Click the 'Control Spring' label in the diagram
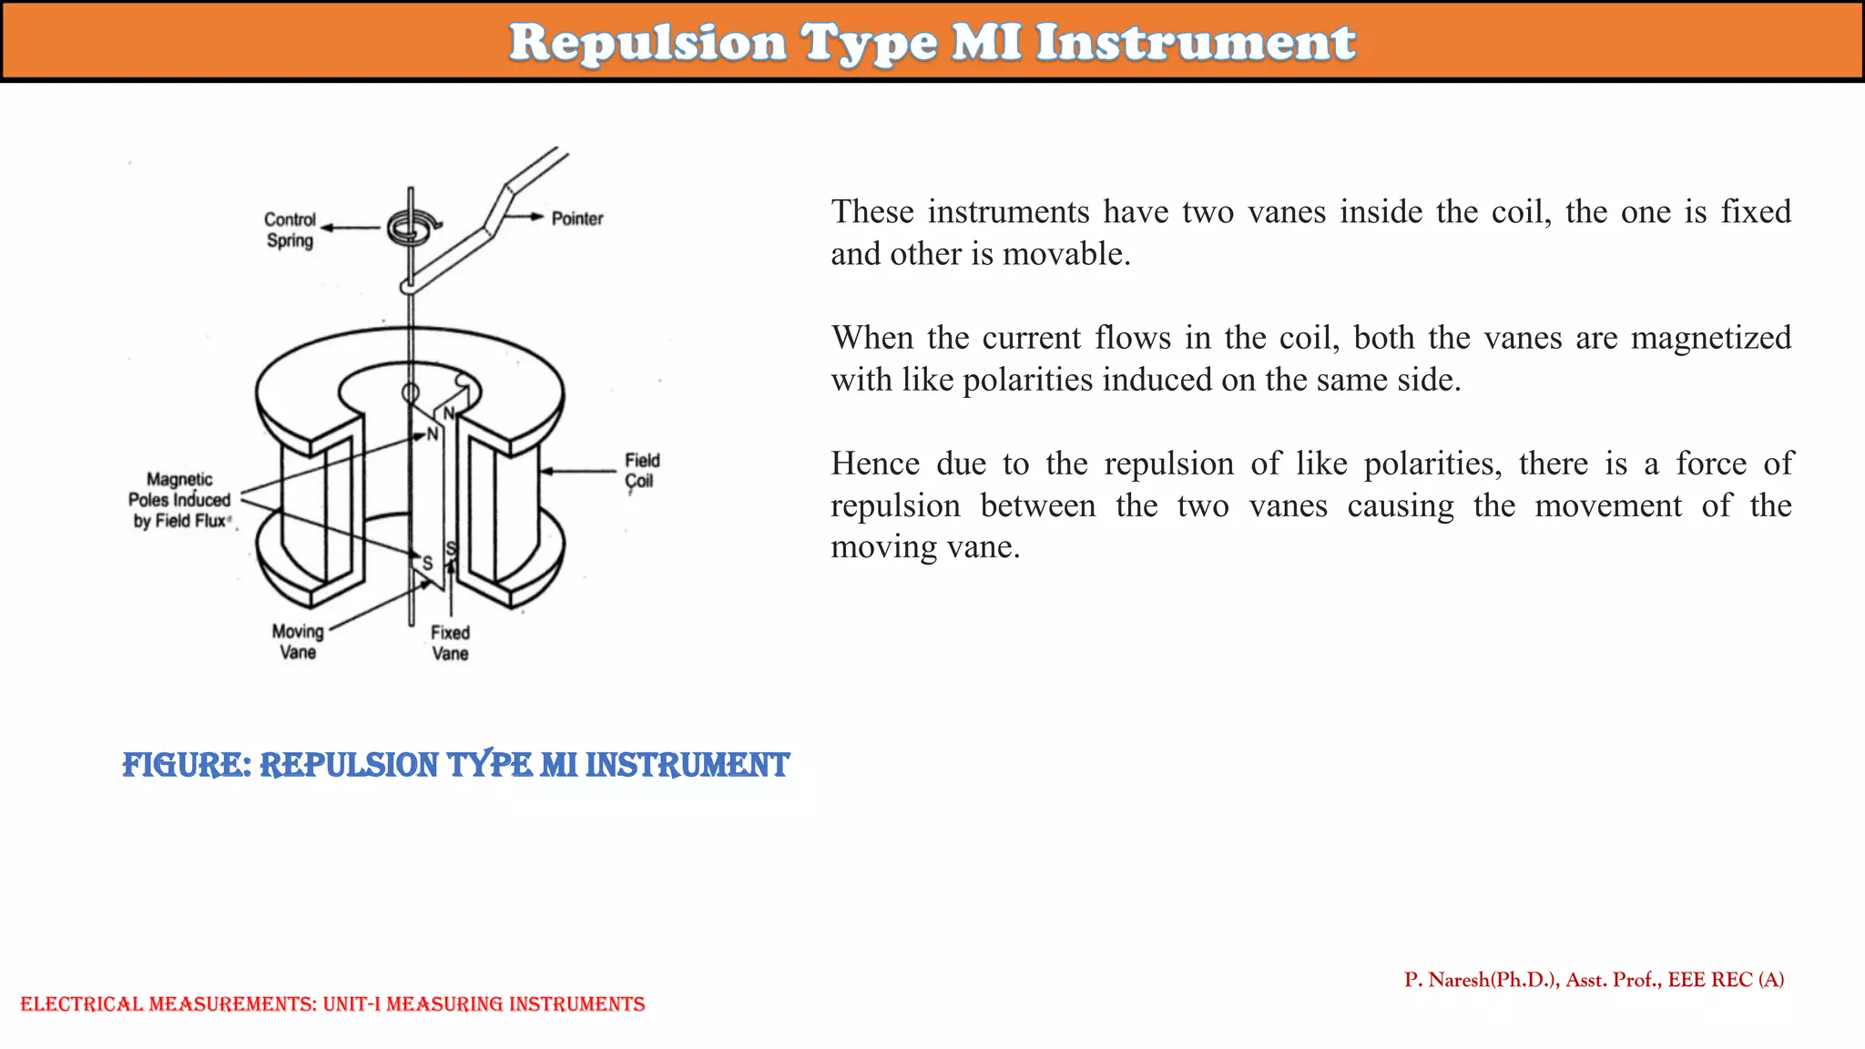[x=290, y=230]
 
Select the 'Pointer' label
[x=577, y=219]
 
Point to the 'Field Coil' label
[x=641, y=471]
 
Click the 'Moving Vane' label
[x=298, y=642]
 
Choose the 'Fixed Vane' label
[x=450, y=643]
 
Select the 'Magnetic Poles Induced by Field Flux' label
[x=180, y=500]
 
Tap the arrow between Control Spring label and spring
[x=351, y=228]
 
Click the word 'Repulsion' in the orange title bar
[x=647, y=43]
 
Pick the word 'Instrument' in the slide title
[x=1196, y=43]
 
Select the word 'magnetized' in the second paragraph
[x=1710, y=338]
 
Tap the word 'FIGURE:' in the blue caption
[x=187, y=765]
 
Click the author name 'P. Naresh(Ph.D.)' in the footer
[x=1481, y=980]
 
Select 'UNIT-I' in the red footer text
[x=352, y=1004]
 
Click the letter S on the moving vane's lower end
[x=427, y=564]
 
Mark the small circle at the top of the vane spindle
[x=411, y=393]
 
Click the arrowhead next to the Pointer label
[x=537, y=217]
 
